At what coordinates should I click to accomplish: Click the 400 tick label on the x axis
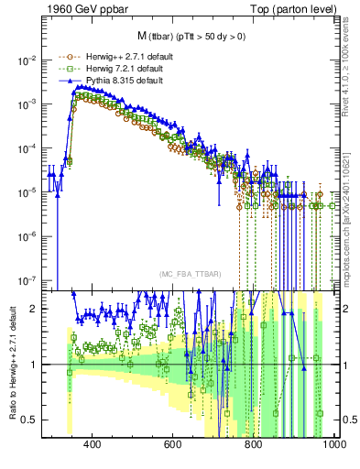tap(92, 444)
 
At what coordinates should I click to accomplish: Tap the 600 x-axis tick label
tap(173, 444)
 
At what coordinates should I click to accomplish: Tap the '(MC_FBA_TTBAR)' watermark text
tap(187, 274)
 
